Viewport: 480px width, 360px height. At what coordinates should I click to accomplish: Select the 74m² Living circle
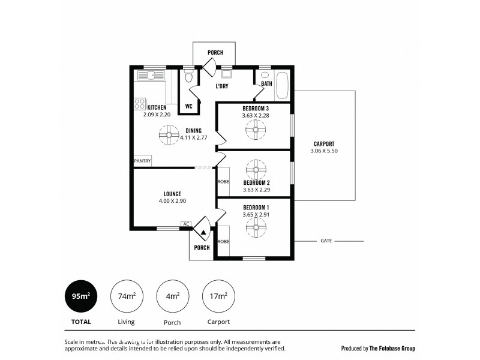[x=125, y=296]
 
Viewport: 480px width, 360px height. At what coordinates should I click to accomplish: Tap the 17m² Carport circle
[x=218, y=296]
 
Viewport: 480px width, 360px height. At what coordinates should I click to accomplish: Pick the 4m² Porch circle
[x=172, y=296]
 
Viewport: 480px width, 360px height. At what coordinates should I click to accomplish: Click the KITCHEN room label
[x=157, y=107]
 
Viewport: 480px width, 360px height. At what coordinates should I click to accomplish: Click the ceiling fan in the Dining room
[x=169, y=135]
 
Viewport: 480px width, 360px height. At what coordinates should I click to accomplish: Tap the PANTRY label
[x=142, y=161]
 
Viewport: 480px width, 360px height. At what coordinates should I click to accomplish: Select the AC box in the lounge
[x=186, y=224]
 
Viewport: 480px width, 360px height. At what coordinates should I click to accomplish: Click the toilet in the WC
[x=189, y=77]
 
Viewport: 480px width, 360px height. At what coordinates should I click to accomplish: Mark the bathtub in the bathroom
[x=282, y=86]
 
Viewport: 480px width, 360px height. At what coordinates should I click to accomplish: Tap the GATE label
[x=326, y=241]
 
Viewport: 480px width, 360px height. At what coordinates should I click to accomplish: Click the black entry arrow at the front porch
[x=203, y=232]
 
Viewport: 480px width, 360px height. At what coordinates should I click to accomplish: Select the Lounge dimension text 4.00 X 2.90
[x=172, y=202]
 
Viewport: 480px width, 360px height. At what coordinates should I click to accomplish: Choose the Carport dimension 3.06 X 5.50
[x=324, y=151]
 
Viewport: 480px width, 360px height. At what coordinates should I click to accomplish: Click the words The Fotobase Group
[x=391, y=348]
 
